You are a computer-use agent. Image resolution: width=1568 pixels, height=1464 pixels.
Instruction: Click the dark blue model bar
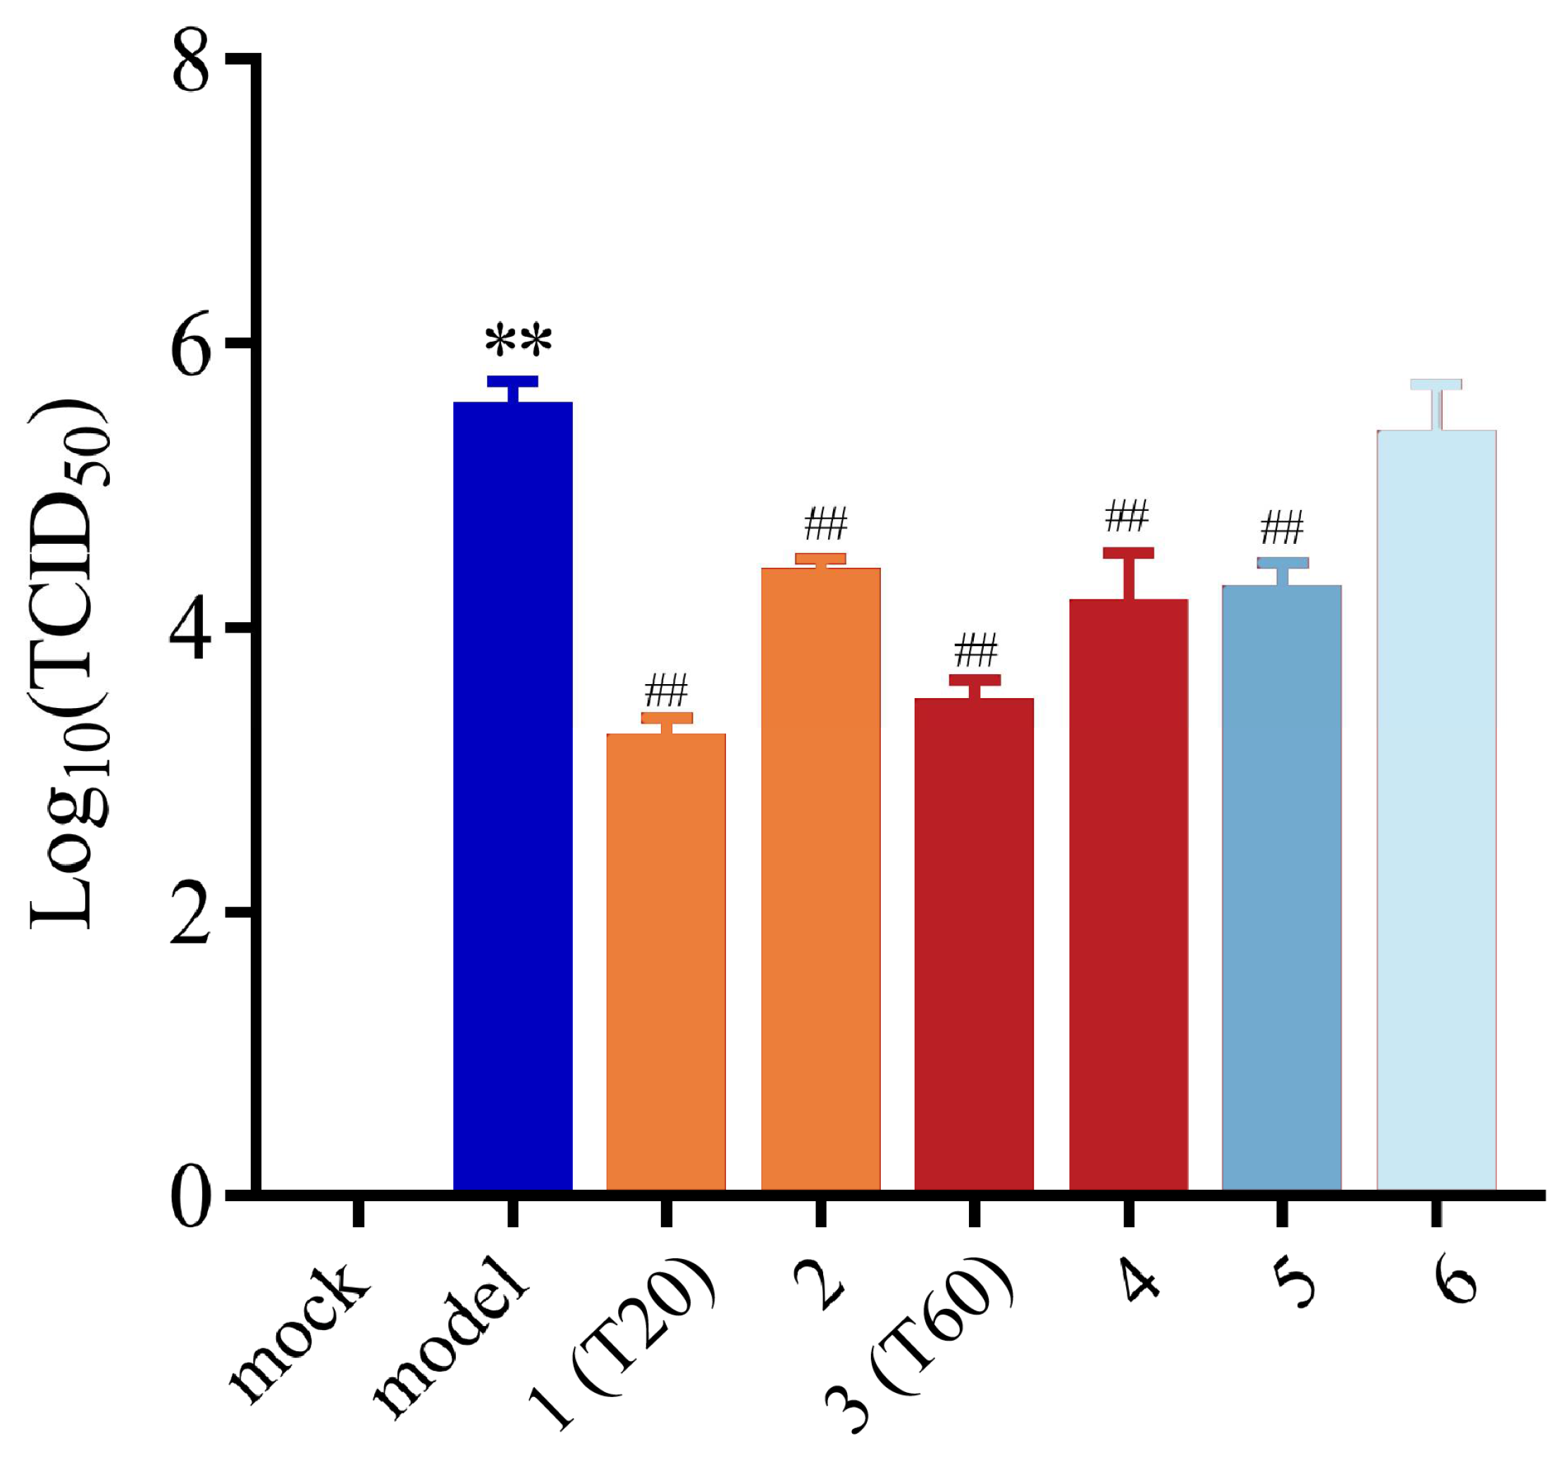click(512, 796)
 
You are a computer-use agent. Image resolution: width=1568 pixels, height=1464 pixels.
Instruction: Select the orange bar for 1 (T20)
click(666, 962)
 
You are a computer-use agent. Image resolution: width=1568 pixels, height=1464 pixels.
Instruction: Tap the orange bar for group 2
click(820, 879)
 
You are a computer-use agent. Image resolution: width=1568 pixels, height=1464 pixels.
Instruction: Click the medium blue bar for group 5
click(1282, 888)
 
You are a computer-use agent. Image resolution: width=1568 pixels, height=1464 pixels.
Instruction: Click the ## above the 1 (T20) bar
click(667, 690)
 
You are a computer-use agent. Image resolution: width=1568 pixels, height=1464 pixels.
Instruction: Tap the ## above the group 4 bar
click(1126, 516)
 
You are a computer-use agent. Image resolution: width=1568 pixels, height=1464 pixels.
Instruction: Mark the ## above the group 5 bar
click(1282, 528)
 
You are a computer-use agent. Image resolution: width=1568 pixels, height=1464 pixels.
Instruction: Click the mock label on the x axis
click(300, 1332)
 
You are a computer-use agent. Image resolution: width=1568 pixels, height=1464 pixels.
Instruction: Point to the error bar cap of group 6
click(1436, 384)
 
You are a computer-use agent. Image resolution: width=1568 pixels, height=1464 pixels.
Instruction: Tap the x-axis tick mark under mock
click(359, 1212)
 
